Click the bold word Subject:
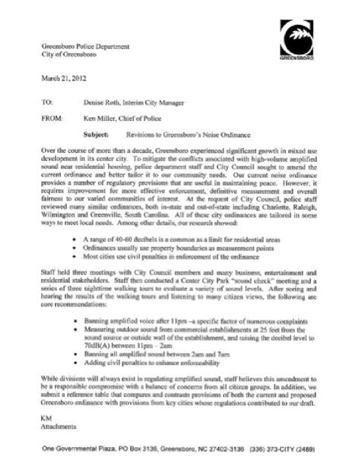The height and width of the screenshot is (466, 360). [x=96, y=135]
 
